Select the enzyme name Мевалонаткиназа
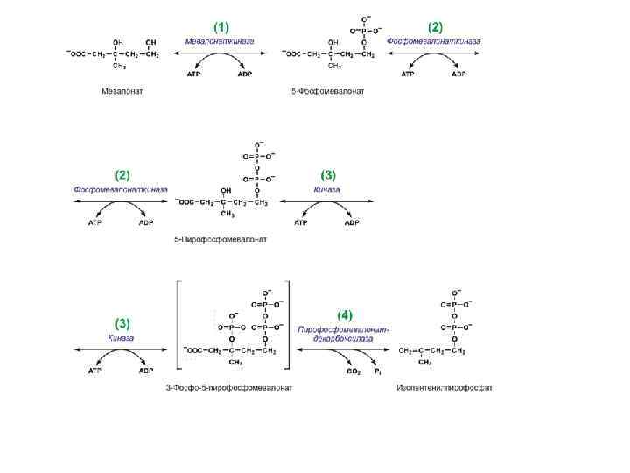pyautogui.click(x=220, y=41)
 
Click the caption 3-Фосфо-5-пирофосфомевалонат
pyautogui.click(x=228, y=386)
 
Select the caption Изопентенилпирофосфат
pyautogui.click(x=444, y=386)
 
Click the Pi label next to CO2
pyautogui.click(x=378, y=371)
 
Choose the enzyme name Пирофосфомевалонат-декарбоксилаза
pyautogui.click(x=343, y=334)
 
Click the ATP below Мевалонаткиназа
pyautogui.click(x=193, y=74)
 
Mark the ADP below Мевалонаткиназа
pyautogui.click(x=245, y=74)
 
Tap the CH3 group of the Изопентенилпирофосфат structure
pyautogui.click(x=425, y=362)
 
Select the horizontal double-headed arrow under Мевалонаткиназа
pyautogui.click(x=220, y=53)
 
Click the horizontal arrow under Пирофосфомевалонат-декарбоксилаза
pyautogui.click(x=343, y=349)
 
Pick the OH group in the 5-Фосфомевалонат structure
pyautogui.click(x=332, y=41)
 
